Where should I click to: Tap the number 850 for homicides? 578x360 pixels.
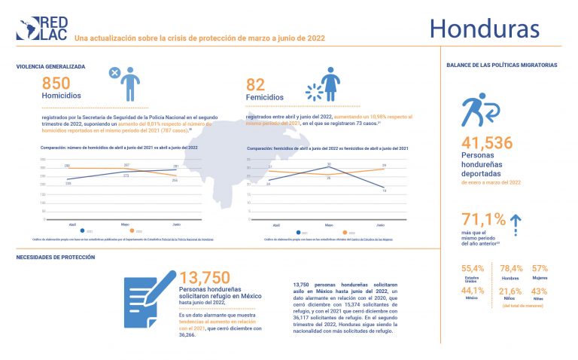(x=57, y=84)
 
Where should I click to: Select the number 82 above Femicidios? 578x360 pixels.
(x=257, y=85)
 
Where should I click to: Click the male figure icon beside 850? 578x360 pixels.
(x=132, y=83)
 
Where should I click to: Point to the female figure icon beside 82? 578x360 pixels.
(x=330, y=84)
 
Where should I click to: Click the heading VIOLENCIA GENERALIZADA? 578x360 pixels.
(x=50, y=66)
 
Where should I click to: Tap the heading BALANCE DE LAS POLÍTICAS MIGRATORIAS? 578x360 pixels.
(x=502, y=66)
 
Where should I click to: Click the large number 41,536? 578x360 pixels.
(x=487, y=143)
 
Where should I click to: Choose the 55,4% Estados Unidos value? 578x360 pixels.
(x=473, y=269)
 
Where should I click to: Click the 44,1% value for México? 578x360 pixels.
(x=473, y=291)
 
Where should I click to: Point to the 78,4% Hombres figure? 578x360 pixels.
(x=511, y=269)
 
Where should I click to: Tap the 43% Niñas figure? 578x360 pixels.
(x=540, y=291)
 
